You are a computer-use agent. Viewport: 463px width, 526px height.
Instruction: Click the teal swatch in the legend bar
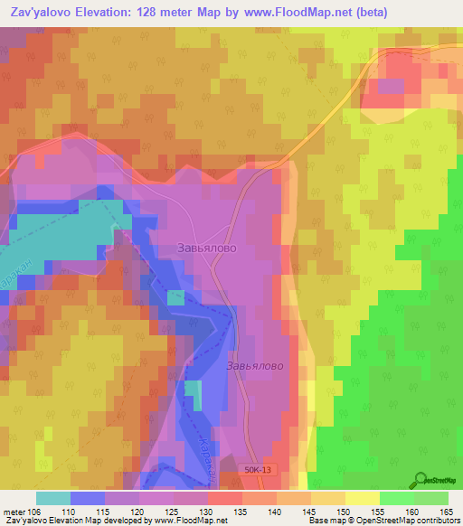click(52, 498)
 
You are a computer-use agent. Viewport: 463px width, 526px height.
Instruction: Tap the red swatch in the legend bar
click(224, 498)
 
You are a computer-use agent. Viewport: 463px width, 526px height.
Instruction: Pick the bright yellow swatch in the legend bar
click(362, 498)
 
